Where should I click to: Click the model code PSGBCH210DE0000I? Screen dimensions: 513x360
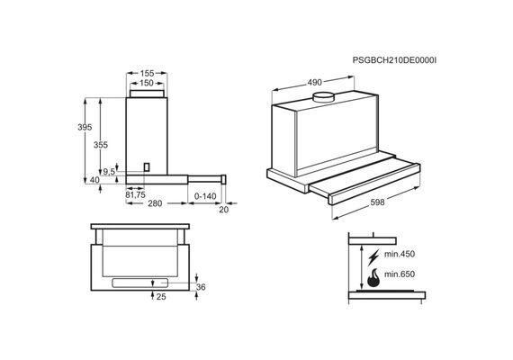coord(394,60)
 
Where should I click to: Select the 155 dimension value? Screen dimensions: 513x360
coord(147,73)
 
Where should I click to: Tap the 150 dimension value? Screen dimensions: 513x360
coord(147,83)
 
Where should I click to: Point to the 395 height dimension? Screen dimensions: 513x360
coord(85,127)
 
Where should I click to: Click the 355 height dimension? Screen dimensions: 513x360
coord(101,145)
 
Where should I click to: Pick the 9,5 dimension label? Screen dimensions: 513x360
coord(109,171)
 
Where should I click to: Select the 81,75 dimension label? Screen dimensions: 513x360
coord(135,194)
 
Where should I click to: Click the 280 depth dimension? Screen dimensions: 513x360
coord(155,203)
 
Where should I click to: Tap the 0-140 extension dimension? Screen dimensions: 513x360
coord(205,196)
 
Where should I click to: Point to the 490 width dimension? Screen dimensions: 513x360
coord(314,83)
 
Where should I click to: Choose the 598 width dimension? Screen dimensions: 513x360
coord(377,202)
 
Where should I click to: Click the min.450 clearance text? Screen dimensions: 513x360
coord(399,254)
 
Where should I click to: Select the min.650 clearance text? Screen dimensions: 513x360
coord(399,274)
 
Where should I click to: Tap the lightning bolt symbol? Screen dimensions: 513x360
coord(373,256)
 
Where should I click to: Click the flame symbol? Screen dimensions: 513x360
coord(373,278)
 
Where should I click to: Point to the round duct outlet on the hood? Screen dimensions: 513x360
coord(324,97)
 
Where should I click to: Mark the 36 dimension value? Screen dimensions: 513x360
coord(201,287)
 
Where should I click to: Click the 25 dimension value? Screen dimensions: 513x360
coord(161,296)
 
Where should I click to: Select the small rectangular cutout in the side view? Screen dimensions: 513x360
coord(148,166)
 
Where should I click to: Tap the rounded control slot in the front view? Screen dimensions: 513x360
coord(139,283)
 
